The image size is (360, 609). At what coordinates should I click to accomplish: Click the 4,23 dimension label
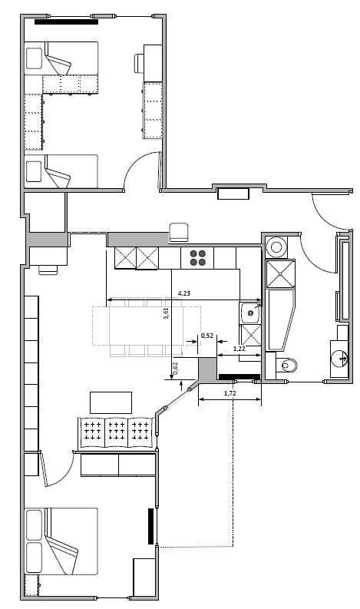tap(184, 293)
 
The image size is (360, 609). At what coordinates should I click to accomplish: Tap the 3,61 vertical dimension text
tap(167, 313)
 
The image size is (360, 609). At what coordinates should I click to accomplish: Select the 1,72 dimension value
tap(230, 393)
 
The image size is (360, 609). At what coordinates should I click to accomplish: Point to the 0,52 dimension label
tap(207, 336)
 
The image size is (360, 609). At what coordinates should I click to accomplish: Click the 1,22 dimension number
tap(239, 349)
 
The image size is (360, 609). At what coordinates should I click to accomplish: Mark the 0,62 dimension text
tap(176, 368)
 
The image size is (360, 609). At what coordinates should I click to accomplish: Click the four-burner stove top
tap(198, 258)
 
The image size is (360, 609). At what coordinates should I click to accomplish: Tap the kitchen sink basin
tap(250, 313)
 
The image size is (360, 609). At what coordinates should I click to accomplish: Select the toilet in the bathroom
tap(287, 365)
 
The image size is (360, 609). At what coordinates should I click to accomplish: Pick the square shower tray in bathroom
tap(280, 274)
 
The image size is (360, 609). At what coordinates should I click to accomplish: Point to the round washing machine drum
tap(276, 247)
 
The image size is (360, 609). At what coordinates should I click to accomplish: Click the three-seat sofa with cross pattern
tap(117, 434)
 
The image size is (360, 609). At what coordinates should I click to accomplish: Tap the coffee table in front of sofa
tap(111, 402)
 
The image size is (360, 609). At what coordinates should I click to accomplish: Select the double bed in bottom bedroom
tap(61, 541)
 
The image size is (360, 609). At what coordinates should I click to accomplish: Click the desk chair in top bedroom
tap(139, 63)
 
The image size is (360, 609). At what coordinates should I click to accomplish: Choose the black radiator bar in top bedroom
tap(67, 22)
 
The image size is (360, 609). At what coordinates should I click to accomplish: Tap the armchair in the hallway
tap(179, 232)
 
